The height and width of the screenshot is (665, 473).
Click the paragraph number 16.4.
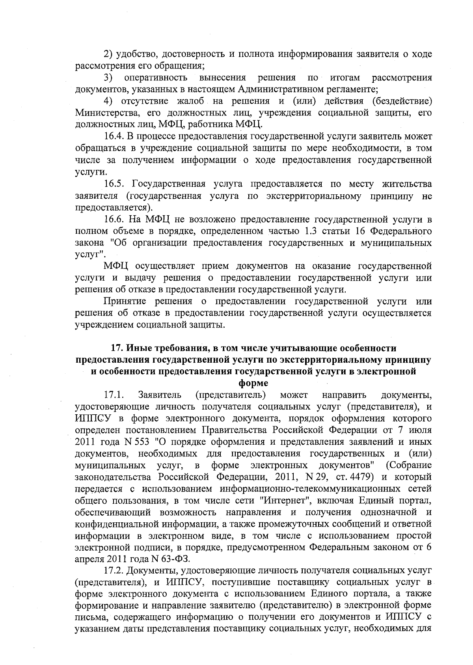113,137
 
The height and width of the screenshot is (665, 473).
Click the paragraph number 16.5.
113,184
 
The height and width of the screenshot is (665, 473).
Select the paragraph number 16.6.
113,220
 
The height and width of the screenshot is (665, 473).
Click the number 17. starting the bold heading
117,348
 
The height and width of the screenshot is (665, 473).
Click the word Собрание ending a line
410,466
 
